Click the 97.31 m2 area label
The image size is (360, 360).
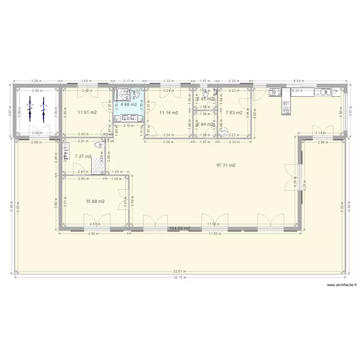coord(225,165)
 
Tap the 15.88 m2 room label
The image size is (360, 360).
coord(95,202)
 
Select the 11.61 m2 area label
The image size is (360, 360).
coord(87,113)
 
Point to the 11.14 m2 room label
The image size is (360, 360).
coord(168,113)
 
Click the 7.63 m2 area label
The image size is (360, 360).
coord(234,113)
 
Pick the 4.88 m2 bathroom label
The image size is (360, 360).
coord(129,104)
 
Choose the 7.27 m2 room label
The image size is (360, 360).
coord(83,156)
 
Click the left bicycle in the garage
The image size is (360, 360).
coord(30,108)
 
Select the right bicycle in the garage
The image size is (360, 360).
coord(43,108)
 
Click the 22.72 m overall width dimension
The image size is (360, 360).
coord(180,277)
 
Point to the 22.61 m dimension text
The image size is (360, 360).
coord(180,271)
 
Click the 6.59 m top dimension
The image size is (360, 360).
coord(299,82)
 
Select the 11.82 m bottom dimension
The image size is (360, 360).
coord(214,234)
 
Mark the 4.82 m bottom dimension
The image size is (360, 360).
coord(93,234)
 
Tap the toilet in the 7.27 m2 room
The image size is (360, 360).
coord(99,144)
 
